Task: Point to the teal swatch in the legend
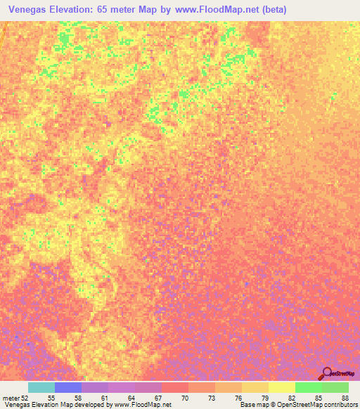(41, 387)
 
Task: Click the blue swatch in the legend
(68, 387)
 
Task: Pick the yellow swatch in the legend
(282, 387)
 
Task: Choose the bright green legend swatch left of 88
(309, 387)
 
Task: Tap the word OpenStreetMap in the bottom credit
(291, 405)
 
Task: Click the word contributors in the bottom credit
(338, 405)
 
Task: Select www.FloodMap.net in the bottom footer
(138, 405)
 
